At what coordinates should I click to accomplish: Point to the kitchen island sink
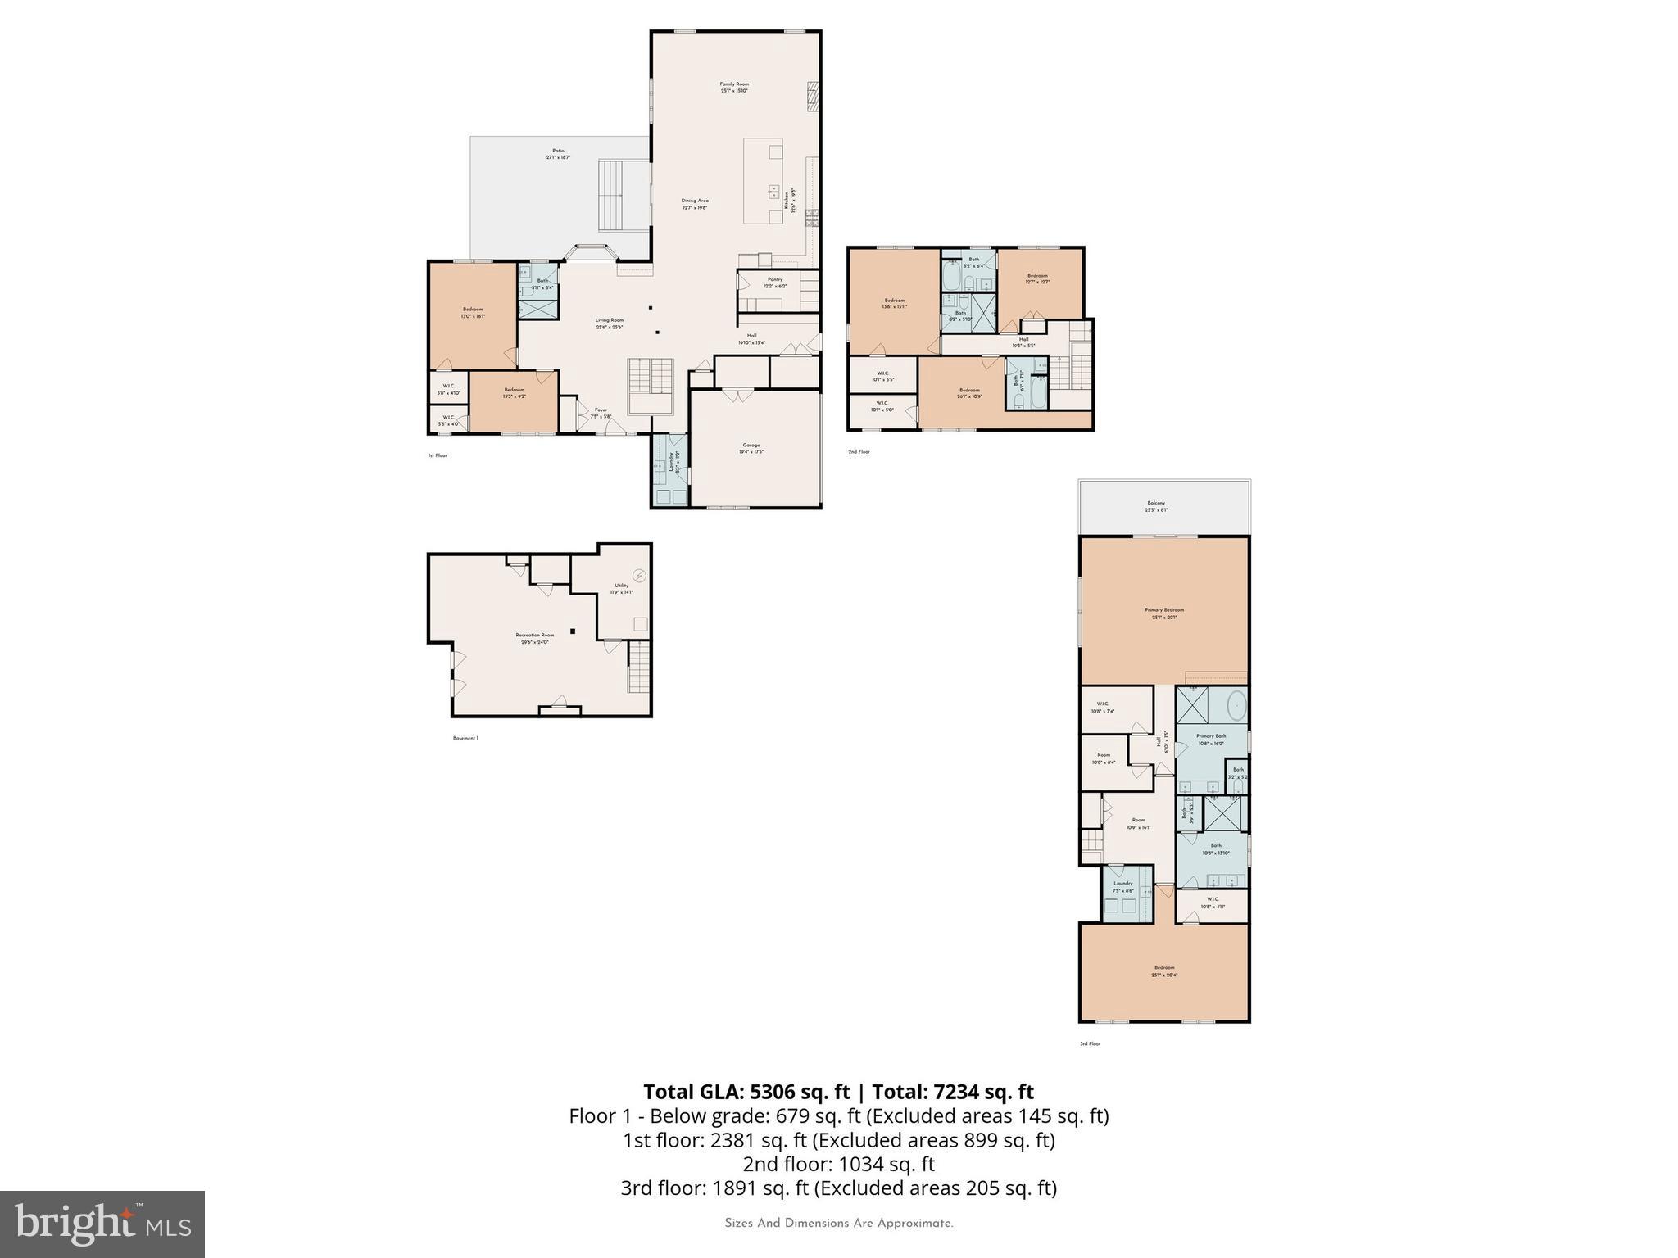click(x=773, y=192)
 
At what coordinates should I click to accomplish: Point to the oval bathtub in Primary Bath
click(x=1236, y=704)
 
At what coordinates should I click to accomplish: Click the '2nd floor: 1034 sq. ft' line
click(x=838, y=1164)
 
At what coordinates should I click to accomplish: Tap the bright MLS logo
click(x=102, y=1224)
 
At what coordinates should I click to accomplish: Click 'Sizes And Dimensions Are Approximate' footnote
click(x=838, y=1224)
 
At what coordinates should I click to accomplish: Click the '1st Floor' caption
click(x=438, y=455)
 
